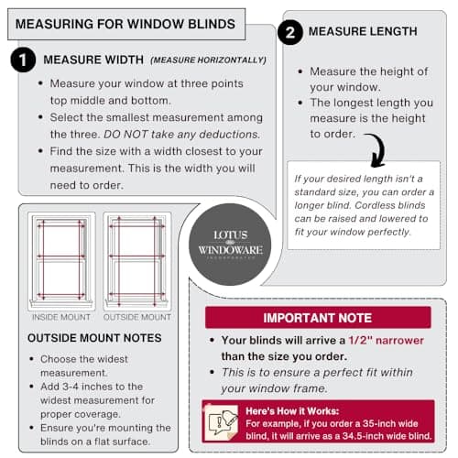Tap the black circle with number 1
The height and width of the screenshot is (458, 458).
[22, 60]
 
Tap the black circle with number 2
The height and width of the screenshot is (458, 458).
[289, 33]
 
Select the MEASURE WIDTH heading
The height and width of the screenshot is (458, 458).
[93, 60]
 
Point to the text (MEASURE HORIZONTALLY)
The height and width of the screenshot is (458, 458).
[208, 60]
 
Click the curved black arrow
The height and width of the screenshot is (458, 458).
[375, 147]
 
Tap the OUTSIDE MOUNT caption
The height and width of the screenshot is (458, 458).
[136, 317]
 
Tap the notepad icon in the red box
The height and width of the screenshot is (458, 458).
[222, 420]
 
